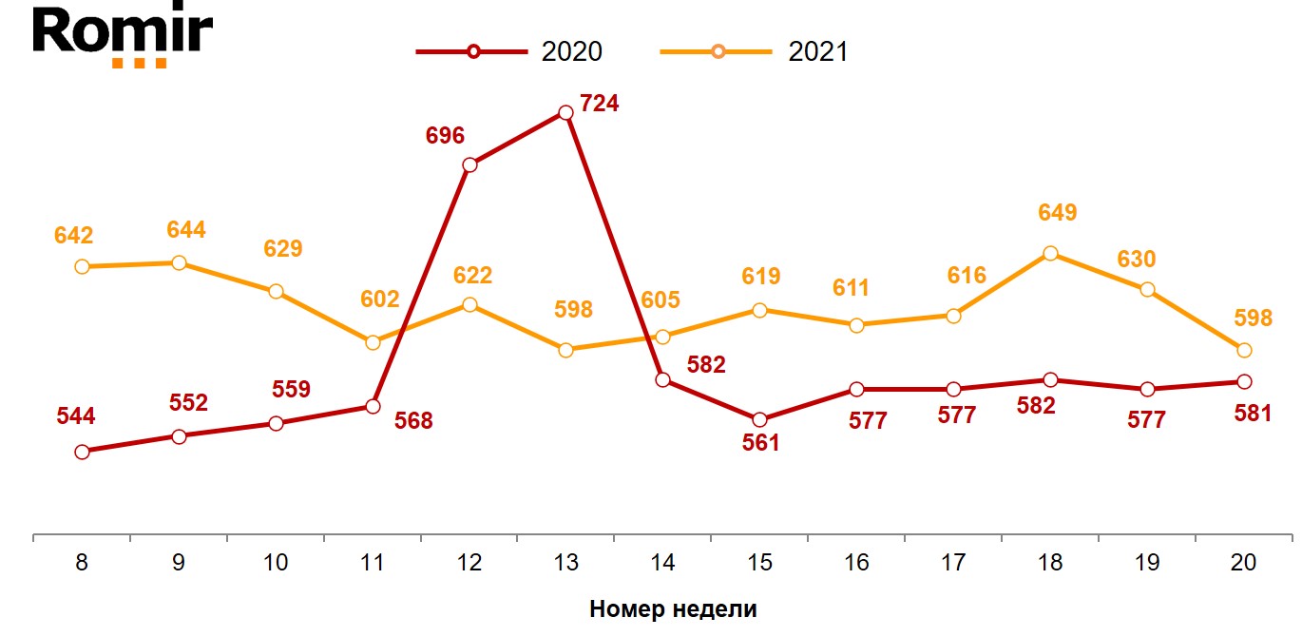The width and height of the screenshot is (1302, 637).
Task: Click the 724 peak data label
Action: tap(599, 103)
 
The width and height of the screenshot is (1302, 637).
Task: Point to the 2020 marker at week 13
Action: tap(565, 112)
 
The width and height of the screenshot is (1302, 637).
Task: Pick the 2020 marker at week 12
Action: tap(469, 164)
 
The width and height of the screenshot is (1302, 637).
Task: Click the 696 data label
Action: tap(445, 135)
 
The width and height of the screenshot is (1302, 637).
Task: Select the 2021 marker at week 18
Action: tap(1050, 253)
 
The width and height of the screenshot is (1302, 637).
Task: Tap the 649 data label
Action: tap(1057, 212)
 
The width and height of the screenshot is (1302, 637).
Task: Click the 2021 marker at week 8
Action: tap(82, 266)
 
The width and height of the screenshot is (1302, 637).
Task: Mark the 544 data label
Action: tap(75, 415)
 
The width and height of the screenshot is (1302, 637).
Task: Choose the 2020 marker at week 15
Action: tap(759, 419)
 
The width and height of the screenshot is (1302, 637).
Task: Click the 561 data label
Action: tap(760, 442)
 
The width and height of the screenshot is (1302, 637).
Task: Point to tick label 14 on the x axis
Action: tap(662, 562)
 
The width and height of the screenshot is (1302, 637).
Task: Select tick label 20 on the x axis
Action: tap(1243, 562)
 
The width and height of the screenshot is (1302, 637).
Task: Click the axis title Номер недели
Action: tap(673, 609)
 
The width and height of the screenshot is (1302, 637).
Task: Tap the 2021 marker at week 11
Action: tap(373, 342)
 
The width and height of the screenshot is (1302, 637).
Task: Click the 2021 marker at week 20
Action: tap(1243, 350)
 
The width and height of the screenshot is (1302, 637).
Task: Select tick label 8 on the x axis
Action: tap(82, 562)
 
